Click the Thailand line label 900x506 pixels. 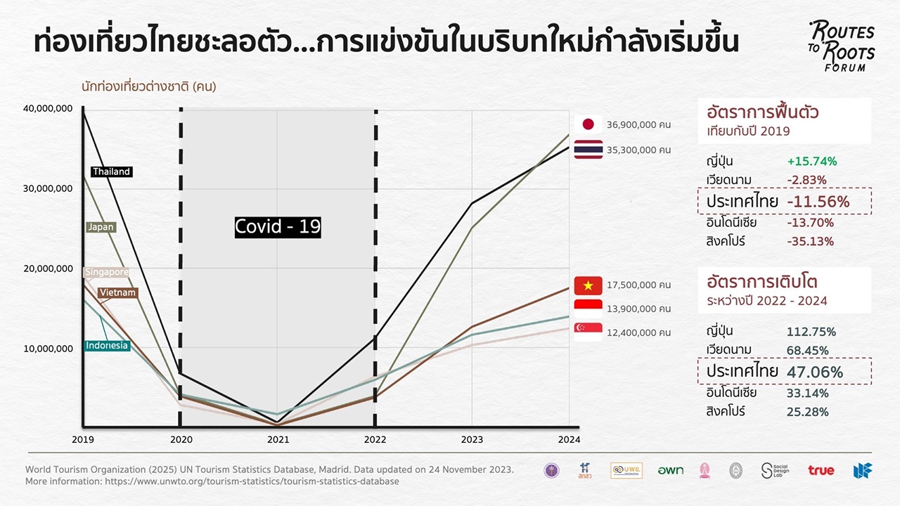[x=112, y=171]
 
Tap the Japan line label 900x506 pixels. [x=101, y=227]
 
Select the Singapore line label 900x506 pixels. [x=106, y=272]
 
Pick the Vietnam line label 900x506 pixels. [x=117, y=292]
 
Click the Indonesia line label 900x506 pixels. [x=107, y=346]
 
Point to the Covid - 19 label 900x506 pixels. [x=278, y=227]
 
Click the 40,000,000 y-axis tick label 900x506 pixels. [x=49, y=108]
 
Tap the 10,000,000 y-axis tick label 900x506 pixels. [x=49, y=348]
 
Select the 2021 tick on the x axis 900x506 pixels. [x=278, y=440]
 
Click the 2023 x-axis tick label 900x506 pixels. [x=472, y=440]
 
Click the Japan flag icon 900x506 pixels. [x=589, y=124]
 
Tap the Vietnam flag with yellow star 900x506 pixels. [x=589, y=285]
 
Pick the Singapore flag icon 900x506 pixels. [x=589, y=332]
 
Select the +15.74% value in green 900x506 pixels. [x=812, y=161]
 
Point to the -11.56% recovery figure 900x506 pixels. [x=818, y=202]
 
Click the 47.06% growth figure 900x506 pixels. [x=814, y=372]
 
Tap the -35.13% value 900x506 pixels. [x=810, y=241]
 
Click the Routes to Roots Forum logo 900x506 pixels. [x=842, y=46]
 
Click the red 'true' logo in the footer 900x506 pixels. [x=821, y=470]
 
